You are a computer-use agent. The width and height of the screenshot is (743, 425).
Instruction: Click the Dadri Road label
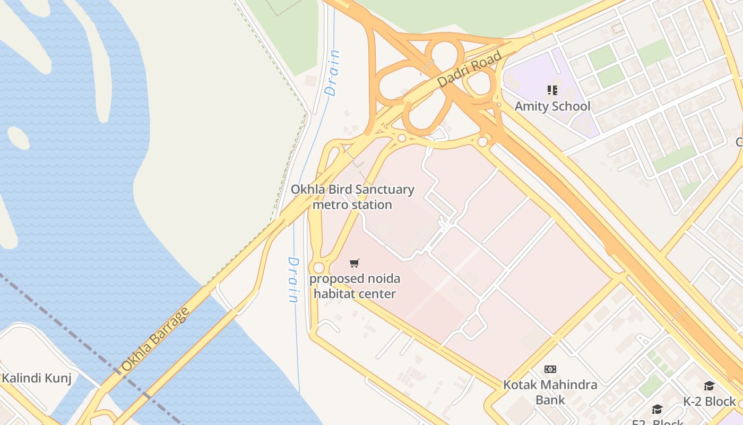(470, 70)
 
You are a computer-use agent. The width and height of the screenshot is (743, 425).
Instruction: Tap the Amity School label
(552, 106)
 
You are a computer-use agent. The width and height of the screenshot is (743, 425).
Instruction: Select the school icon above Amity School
(552, 90)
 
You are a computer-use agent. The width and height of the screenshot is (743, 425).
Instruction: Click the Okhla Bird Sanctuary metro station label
(352, 197)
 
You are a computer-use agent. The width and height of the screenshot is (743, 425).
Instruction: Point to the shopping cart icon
(355, 263)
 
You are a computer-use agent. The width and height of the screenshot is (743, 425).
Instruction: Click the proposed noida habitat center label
(355, 286)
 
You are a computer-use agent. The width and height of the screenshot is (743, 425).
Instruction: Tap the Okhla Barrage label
(155, 339)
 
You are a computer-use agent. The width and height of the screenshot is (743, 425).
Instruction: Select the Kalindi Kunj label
(36, 378)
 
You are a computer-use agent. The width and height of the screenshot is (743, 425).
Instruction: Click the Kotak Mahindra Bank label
(550, 392)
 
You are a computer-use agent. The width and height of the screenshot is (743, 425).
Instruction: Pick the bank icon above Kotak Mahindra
(550, 369)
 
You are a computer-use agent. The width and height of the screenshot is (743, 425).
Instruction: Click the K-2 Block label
(709, 401)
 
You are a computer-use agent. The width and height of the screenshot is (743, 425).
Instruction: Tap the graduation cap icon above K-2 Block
(709, 386)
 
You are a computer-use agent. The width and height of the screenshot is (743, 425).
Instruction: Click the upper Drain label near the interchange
(333, 73)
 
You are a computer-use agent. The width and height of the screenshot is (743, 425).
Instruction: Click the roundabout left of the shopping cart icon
(318, 268)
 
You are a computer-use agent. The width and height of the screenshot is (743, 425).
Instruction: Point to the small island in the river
(18, 138)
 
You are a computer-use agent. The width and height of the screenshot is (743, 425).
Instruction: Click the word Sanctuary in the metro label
(384, 190)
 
